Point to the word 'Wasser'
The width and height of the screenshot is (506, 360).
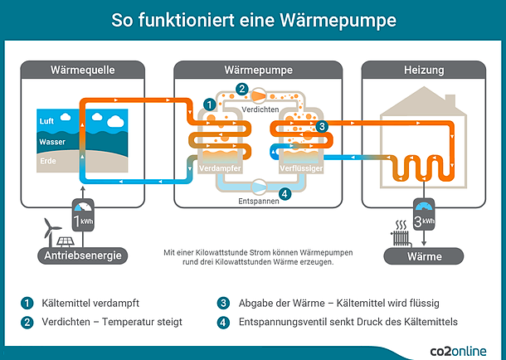coord(53,142)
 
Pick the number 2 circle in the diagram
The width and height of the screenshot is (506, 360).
coord(242,89)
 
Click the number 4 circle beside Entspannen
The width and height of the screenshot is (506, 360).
coord(285,194)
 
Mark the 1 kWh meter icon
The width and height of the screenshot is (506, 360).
coord(84,218)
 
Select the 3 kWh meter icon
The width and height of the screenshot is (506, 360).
coord(423,219)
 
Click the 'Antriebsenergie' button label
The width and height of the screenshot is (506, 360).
coord(83,255)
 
